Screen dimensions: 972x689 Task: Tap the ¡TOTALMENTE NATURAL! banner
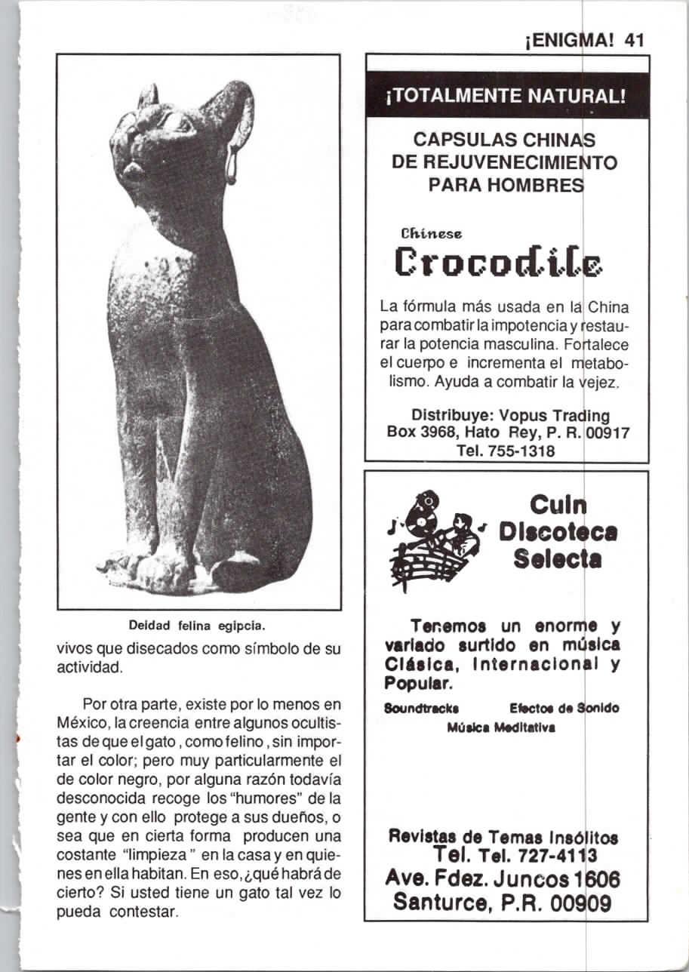point(507,97)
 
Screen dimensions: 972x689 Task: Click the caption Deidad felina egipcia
point(198,626)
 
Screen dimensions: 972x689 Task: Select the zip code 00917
point(608,433)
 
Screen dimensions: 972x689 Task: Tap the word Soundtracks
point(411,709)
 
